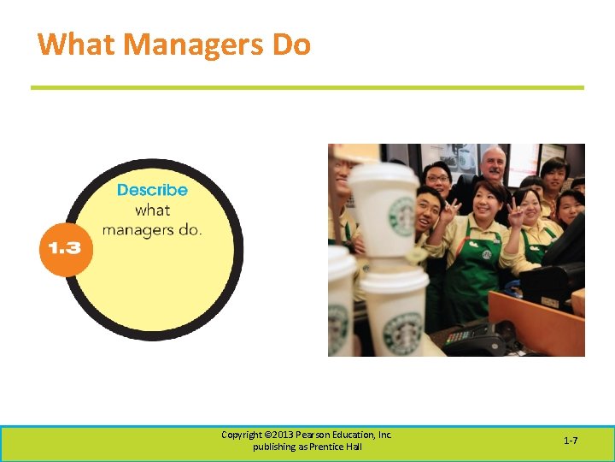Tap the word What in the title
pos(73,44)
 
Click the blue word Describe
pos(152,190)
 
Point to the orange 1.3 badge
pos(64,248)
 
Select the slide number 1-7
pos(571,441)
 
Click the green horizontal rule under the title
pos(307,87)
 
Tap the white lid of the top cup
pos(384,174)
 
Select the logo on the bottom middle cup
pos(402,331)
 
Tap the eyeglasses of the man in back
pos(439,179)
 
